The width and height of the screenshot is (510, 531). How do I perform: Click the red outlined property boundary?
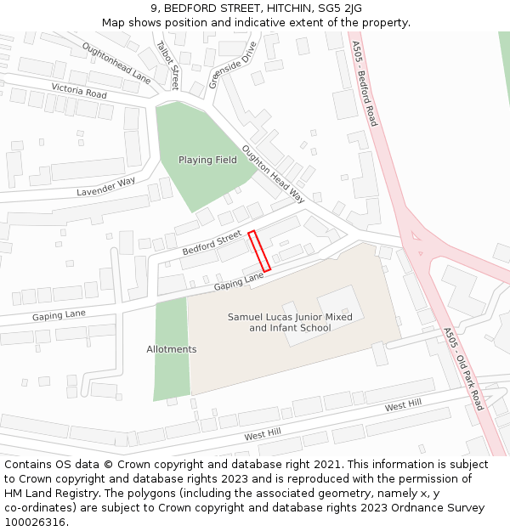pyautogui.click(x=259, y=251)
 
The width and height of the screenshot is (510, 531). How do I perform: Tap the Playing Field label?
pyautogui.click(x=207, y=160)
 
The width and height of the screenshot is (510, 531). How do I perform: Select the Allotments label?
pyautogui.click(x=172, y=349)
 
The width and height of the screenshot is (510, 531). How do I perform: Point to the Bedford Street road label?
pyautogui.click(x=212, y=244)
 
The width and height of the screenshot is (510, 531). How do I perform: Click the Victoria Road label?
pyautogui.click(x=79, y=91)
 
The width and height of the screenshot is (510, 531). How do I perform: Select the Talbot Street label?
pyautogui.click(x=168, y=65)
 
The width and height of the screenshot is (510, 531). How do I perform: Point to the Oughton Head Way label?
pyautogui.click(x=273, y=173)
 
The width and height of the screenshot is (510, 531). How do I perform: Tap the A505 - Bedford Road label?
pyautogui.click(x=364, y=82)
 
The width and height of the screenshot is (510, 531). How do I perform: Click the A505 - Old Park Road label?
pyautogui.click(x=463, y=370)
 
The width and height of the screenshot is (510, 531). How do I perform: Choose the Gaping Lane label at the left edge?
pyautogui.click(x=59, y=314)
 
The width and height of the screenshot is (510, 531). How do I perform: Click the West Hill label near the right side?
pyautogui.click(x=403, y=407)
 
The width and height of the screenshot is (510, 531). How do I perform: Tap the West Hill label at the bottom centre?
pyautogui.click(x=263, y=435)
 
